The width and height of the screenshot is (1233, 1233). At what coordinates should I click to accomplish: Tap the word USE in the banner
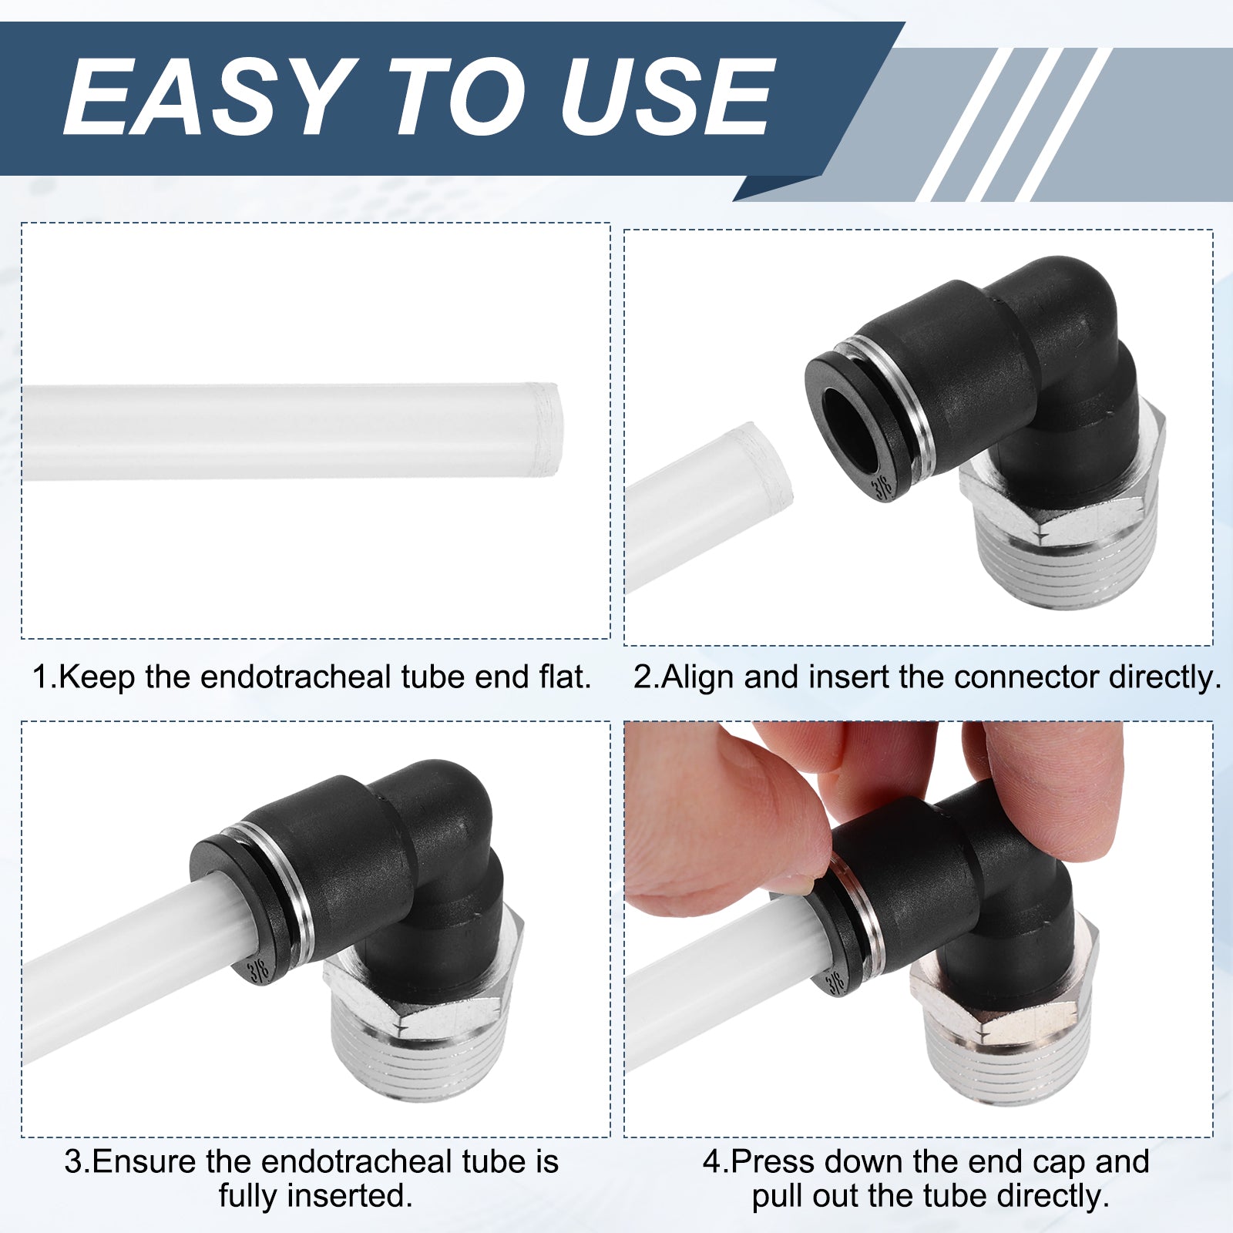666,98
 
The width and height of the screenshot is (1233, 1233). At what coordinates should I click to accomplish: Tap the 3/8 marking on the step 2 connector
882,488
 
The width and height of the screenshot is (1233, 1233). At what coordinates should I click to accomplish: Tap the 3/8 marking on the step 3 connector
258,969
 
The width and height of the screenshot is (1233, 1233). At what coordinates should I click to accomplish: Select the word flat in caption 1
564,677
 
